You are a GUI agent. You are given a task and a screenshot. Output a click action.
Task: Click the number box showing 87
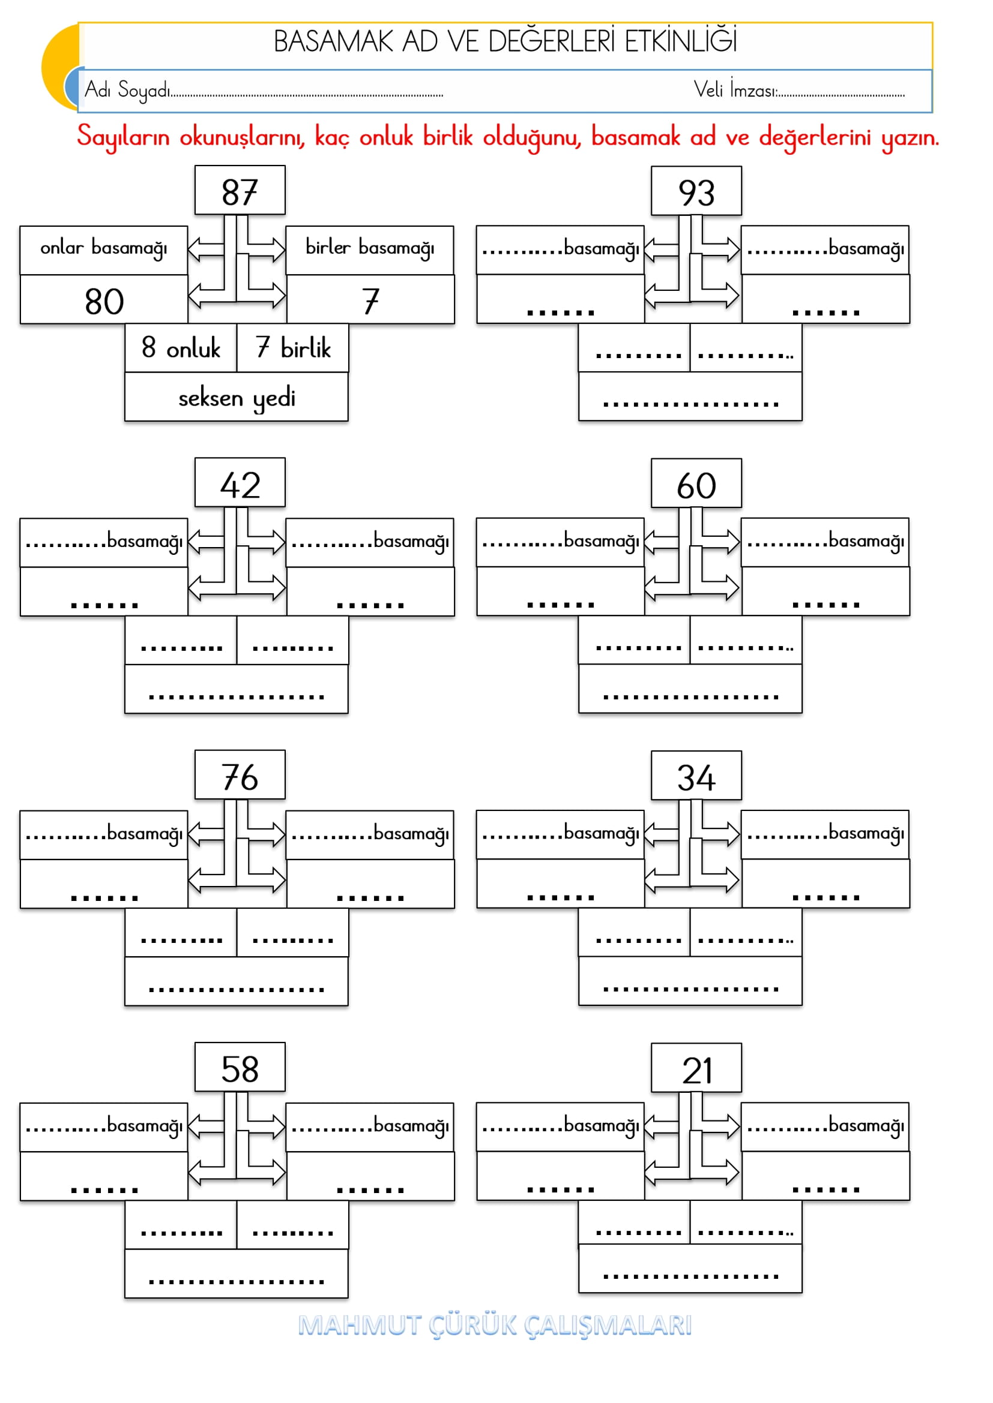coord(240,190)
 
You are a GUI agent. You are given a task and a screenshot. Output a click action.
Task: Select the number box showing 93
coord(696,191)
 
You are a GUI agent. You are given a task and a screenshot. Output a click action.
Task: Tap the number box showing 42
coord(240,483)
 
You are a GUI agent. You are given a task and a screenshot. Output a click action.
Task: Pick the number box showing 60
coord(696,483)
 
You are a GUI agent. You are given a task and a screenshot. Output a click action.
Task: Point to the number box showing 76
coord(240,775)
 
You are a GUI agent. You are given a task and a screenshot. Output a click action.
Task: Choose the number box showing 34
coord(696,776)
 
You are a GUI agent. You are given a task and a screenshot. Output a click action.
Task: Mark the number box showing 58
coord(240,1067)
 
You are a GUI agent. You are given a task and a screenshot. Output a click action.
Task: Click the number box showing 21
coord(696,1068)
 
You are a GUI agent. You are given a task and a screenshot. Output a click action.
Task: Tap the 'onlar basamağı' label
coord(104,248)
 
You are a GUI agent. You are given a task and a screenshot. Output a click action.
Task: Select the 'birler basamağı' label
coord(370,248)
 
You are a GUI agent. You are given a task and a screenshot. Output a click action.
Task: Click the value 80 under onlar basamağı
coord(104,301)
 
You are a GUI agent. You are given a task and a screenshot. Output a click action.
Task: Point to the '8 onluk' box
coord(181,348)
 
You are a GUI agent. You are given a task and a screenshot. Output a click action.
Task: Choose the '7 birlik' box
coord(293,348)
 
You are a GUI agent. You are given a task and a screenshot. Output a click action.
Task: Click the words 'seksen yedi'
coord(237,398)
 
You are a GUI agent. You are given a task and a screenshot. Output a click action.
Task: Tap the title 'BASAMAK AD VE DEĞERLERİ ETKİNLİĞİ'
coord(505,41)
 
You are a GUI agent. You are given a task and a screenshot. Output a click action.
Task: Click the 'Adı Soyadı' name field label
coord(127,91)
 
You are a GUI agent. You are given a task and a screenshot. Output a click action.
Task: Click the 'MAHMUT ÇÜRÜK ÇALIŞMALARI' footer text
coord(495,1326)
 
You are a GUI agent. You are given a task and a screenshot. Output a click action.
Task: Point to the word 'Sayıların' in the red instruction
coord(123,137)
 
